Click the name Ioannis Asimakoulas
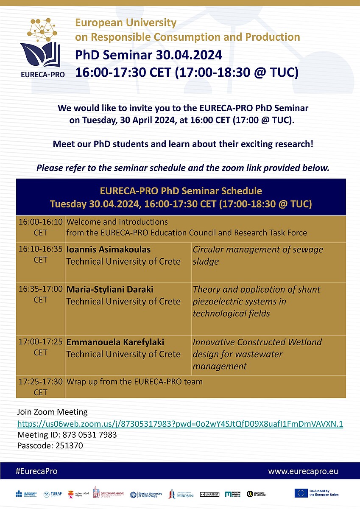[108, 249]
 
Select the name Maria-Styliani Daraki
[110, 289]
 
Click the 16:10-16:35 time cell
[41, 254]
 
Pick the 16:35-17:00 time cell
[41, 294]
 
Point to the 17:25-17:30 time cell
[41, 387]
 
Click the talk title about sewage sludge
[258, 255]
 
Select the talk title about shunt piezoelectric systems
[256, 301]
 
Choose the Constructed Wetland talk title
[257, 354]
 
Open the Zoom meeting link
[180, 424]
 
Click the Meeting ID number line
[67, 435]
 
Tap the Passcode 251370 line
[50, 445]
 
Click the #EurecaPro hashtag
[36, 471]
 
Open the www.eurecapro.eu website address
[303, 471]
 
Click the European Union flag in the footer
[301, 493]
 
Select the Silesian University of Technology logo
[146, 494]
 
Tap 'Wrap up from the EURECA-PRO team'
[134, 382]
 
